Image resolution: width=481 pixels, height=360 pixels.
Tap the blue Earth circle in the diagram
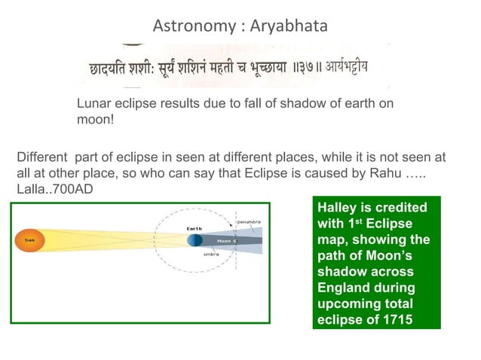tap(195, 240)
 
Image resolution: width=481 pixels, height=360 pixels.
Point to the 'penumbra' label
tap(250, 221)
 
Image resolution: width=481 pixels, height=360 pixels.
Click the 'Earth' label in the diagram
tap(194, 227)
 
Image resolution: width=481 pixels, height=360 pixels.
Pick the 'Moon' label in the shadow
tap(224, 241)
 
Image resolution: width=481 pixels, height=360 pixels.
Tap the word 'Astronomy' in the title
tap(192, 27)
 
